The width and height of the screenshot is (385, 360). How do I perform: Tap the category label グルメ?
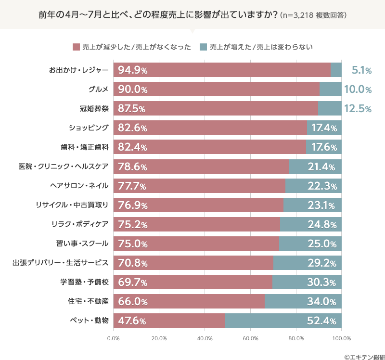point(98,90)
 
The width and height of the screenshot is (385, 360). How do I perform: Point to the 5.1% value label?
point(361,70)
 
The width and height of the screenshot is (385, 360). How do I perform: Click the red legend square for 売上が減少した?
point(76,47)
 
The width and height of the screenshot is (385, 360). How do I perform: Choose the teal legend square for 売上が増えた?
point(203,47)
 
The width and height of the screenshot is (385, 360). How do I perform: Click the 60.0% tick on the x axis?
point(250,338)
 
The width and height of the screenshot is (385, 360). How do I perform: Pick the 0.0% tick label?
point(113,338)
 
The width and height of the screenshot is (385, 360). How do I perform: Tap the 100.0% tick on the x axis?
point(341,338)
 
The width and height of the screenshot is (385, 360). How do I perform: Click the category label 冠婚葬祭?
point(95,109)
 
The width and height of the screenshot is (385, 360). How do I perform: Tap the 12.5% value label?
point(358,109)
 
